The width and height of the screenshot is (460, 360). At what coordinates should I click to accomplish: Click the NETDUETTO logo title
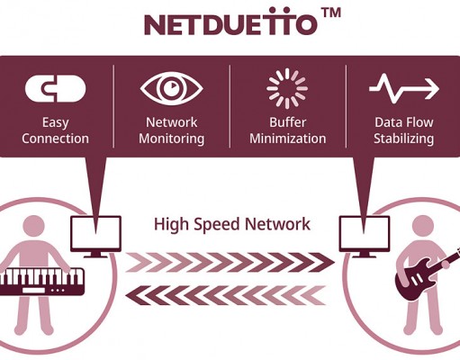(230, 22)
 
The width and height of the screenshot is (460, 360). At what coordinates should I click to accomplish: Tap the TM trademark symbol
(330, 13)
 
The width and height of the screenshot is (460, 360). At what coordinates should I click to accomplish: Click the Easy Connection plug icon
(56, 88)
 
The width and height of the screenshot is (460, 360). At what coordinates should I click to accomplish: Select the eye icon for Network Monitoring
(172, 88)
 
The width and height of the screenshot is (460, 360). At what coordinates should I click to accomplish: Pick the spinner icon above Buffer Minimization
(287, 88)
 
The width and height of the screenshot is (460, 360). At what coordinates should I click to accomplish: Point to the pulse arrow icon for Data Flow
(404, 88)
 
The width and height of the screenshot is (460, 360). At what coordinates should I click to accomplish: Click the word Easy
(56, 122)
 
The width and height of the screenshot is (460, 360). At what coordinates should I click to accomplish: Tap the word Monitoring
(172, 139)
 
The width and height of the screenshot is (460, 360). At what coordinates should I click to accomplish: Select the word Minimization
(288, 139)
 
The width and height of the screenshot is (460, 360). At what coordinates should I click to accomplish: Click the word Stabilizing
(404, 139)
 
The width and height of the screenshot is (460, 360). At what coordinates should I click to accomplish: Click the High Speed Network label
(231, 224)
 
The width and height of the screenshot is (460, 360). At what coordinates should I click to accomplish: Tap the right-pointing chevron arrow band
(230, 262)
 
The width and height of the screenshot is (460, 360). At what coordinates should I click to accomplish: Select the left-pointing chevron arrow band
(226, 295)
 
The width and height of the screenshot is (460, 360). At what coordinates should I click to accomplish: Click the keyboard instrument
(41, 282)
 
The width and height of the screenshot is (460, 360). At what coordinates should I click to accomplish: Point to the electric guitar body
(416, 281)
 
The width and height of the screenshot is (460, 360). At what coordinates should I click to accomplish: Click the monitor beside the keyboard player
(95, 237)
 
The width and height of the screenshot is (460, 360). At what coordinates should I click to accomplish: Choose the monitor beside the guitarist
(365, 237)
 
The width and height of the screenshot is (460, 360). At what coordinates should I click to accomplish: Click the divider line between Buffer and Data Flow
(346, 106)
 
